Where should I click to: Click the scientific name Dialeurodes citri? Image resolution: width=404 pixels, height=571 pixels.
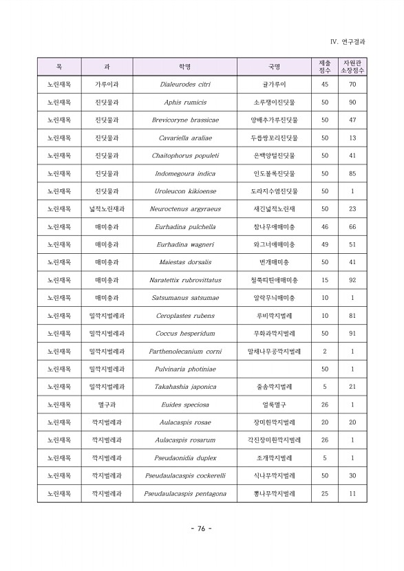[x=184, y=85]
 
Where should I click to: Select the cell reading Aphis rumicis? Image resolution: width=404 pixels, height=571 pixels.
[x=184, y=103]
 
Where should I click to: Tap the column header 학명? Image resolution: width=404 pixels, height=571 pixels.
[x=184, y=67]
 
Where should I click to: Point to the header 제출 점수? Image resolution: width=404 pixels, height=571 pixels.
[x=325, y=67]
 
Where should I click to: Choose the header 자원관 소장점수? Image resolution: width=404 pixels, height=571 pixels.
[x=352, y=67]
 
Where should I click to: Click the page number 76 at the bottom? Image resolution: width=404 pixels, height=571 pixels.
[x=201, y=528]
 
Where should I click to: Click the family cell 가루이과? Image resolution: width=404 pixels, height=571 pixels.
[x=107, y=85]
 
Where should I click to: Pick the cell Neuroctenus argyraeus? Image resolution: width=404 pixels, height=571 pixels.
[x=184, y=209]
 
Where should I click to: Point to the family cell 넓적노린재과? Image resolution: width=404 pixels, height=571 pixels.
[x=107, y=209]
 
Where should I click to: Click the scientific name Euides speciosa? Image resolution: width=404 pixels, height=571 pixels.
[x=184, y=405]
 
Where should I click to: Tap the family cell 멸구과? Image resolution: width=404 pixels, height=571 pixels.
[x=107, y=405]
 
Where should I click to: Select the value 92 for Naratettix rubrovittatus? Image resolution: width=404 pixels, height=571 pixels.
[x=352, y=281]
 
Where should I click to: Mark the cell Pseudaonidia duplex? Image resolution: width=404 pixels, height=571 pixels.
[x=184, y=458]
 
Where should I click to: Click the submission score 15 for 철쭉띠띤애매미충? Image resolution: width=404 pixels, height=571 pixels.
[x=325, y=281]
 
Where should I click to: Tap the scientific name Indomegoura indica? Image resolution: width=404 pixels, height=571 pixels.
[x=184, y=174]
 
